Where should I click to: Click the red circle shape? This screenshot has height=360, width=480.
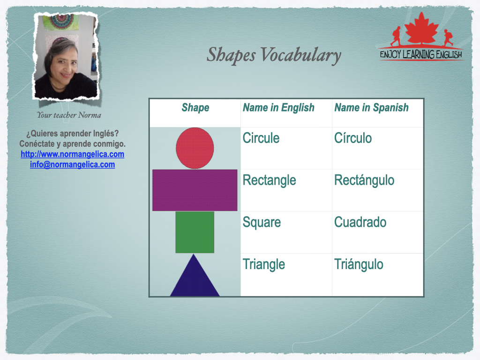(195, 148)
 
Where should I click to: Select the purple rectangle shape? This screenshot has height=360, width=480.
(195, 190)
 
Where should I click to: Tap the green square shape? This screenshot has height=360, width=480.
(195, 232)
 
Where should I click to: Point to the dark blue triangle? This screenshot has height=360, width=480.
(195, 275)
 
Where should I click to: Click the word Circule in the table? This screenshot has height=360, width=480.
(261, 138)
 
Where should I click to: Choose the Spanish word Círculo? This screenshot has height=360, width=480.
(353, 138)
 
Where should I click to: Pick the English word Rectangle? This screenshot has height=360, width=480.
(270, 180)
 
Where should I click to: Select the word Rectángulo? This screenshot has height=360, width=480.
(364, 180)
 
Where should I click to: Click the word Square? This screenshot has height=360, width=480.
(262, 223)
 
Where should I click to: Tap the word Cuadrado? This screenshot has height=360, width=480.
(360, 222)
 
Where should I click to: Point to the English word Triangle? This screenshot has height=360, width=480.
(264, 265)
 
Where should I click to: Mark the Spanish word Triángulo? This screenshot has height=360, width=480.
(359, 264)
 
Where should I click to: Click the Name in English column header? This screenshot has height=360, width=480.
(278, 108)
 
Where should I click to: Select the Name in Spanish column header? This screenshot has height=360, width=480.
(372, 108)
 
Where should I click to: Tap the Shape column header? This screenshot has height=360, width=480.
(195, 108)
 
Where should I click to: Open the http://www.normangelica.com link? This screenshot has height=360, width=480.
(73, 154)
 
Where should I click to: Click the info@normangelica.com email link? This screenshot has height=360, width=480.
(73, 165)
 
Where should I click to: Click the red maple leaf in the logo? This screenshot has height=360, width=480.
(421, 29)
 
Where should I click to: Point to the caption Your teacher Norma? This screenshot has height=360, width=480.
(69, 115)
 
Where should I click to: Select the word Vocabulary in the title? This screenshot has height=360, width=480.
(301, 55)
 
